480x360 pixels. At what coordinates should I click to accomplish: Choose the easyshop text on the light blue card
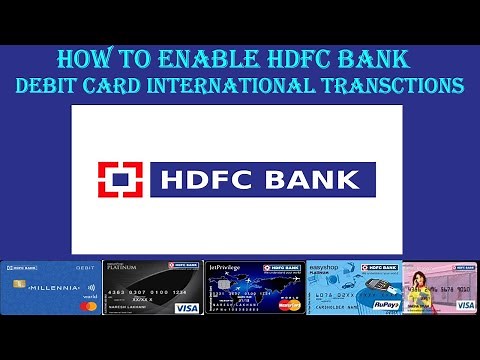[326, 267]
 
